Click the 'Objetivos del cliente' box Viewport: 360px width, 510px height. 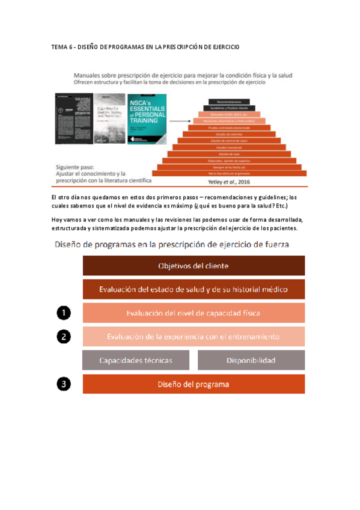pos(194,266)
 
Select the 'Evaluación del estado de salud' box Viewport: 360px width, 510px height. pos(194,289)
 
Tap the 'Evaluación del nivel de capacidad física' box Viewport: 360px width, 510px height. pos(194,313)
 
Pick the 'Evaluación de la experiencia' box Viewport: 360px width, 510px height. pos(194,336)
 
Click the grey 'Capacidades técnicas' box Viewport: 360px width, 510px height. pos(136,360)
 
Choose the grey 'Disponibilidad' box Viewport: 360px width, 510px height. pos(251,360)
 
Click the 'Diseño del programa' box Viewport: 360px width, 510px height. pos(194,384)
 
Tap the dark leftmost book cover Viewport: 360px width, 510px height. pos(70,118)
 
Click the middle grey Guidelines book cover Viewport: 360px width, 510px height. pos(107,118)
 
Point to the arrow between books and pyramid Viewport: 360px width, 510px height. pos(177,120)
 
